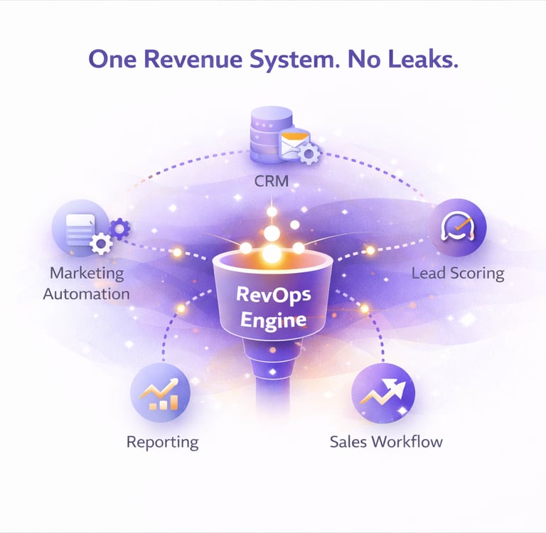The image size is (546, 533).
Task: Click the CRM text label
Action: pos(272,181)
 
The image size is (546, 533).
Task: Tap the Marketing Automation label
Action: pos(86,283)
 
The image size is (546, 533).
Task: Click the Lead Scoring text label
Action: pos(457,273)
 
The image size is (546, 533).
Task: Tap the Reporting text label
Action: pos(162,442)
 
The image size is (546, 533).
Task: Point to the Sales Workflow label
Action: pos(386,441)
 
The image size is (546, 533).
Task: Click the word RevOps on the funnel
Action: pos(272,295)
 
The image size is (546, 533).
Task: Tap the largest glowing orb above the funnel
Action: pos(271,253)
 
